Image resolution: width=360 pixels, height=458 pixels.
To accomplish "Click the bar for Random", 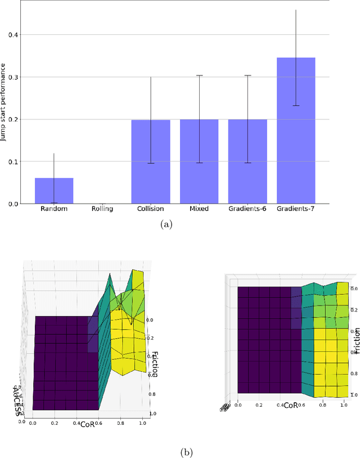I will coord(54,191).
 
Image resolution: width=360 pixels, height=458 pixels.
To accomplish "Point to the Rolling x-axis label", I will coord(102,209).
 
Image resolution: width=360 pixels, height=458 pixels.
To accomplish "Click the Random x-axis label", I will coord(54,209).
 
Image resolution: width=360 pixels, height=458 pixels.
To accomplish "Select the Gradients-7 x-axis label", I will coord(295,209).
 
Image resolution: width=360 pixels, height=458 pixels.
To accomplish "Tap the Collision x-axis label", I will coord(150,209).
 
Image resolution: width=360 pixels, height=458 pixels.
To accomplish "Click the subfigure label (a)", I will coord(167,224).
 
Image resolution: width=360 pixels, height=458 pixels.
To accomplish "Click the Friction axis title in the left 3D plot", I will coord(152,361).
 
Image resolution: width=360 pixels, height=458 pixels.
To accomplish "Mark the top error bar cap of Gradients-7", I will coord(295,10).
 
